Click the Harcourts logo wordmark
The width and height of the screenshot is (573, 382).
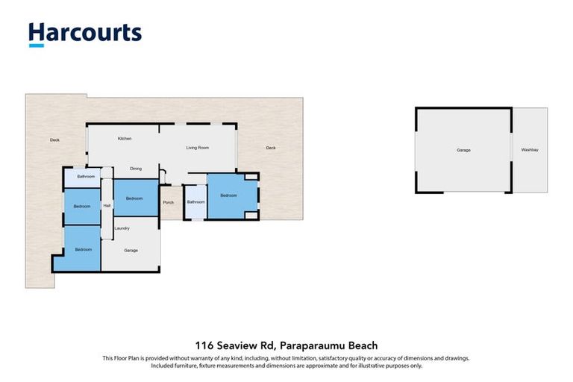coord(85,33)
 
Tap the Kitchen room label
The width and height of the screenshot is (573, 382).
coord(125,140)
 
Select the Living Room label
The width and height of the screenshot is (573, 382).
coord(197,148)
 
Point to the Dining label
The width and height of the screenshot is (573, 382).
coord(136,169)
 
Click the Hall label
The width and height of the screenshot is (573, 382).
coord(107,206)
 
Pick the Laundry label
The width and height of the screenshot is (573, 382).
coord(122,228)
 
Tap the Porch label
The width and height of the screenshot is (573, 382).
coord(168,202)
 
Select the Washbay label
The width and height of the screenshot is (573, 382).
coord(530,151)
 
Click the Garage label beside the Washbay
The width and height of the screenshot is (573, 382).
coord(463,151)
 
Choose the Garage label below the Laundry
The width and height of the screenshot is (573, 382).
coord(131,250)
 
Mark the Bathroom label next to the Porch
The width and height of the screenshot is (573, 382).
coord(195,202)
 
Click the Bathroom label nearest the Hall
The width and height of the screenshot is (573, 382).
coord(85,177)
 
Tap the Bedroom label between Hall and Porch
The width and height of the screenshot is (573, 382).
coord(134,198)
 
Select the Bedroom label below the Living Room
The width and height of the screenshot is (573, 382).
coord(228,195)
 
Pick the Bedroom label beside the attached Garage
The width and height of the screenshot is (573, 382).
coord(83,249)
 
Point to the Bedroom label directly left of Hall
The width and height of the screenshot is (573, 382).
coord(81,206)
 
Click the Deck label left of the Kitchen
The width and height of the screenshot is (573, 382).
coord(54,140)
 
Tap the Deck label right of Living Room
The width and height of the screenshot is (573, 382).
coord(271,148)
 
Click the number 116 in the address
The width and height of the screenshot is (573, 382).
coord(205,345)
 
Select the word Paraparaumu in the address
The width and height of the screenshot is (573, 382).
coord(315,345)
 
